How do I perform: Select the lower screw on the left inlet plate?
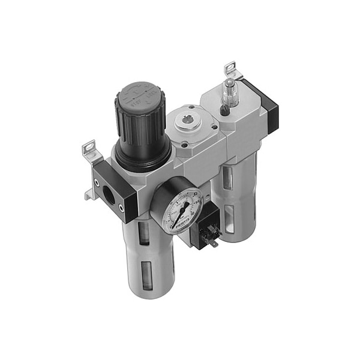(x=124, y=209)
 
